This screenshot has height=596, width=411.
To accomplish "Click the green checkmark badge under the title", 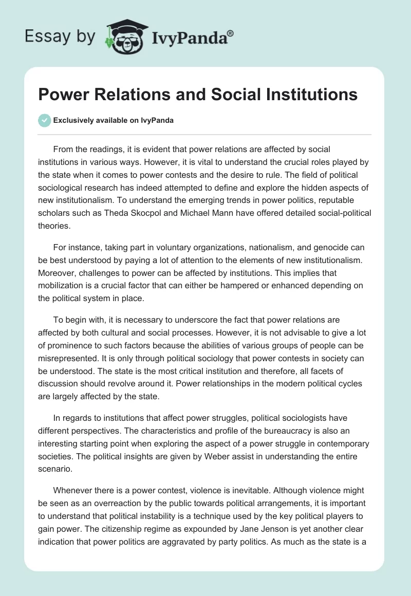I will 44,120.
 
